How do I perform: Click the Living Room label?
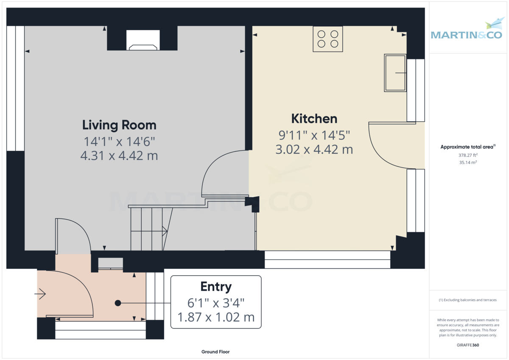point(119,125)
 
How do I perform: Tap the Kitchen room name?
point(314,118)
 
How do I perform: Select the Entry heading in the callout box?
point(216,287)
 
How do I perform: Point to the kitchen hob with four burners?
point(328,39)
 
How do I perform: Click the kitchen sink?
point(395,73)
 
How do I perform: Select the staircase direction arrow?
point(165,231)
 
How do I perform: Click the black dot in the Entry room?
point(118,303)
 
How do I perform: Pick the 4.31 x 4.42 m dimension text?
point(119,156)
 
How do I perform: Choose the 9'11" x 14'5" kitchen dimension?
point(314,135)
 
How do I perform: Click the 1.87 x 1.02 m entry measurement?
point(216,317)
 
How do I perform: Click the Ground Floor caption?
point(215,352)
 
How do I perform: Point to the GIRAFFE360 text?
point(468,345)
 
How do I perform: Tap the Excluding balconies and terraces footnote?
point(468,300)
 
